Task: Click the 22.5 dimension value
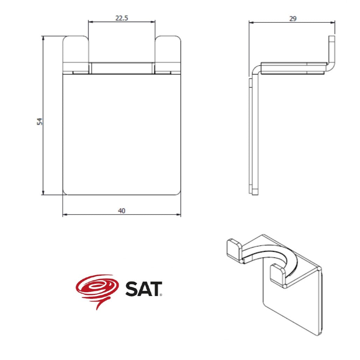point(122,18)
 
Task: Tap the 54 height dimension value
point(40,121)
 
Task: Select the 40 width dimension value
point(122,210)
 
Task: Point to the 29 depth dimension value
point(293,19)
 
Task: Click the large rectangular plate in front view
point(122,135)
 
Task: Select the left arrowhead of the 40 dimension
point(65,215)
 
